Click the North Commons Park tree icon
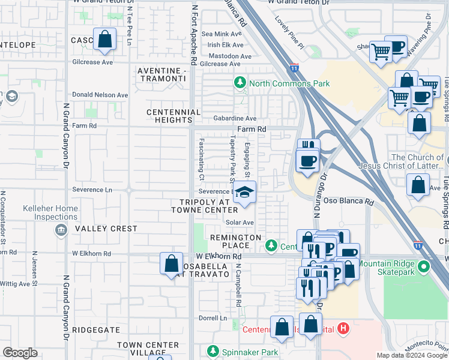pyautogui.click(x=240, y=82)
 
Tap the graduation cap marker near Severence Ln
pyautogui.click(x=244, y=193)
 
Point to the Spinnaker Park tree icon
pyautogui.click(x=212, y=351)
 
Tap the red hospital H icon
pyautogui.click(x=343, y=328)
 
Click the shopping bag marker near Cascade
pyautogui.click(x=104, y=40)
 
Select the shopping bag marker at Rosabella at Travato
pyautogui.click(x=171, y=263)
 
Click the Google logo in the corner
pyautogui.click(x=20, y=352)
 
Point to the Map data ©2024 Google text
pyautogui.click(x=411, y=355)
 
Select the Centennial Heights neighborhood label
pyautogui.click(x=174, y=116)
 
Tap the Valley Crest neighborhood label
pyautogui.click(x=98, y=229)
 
